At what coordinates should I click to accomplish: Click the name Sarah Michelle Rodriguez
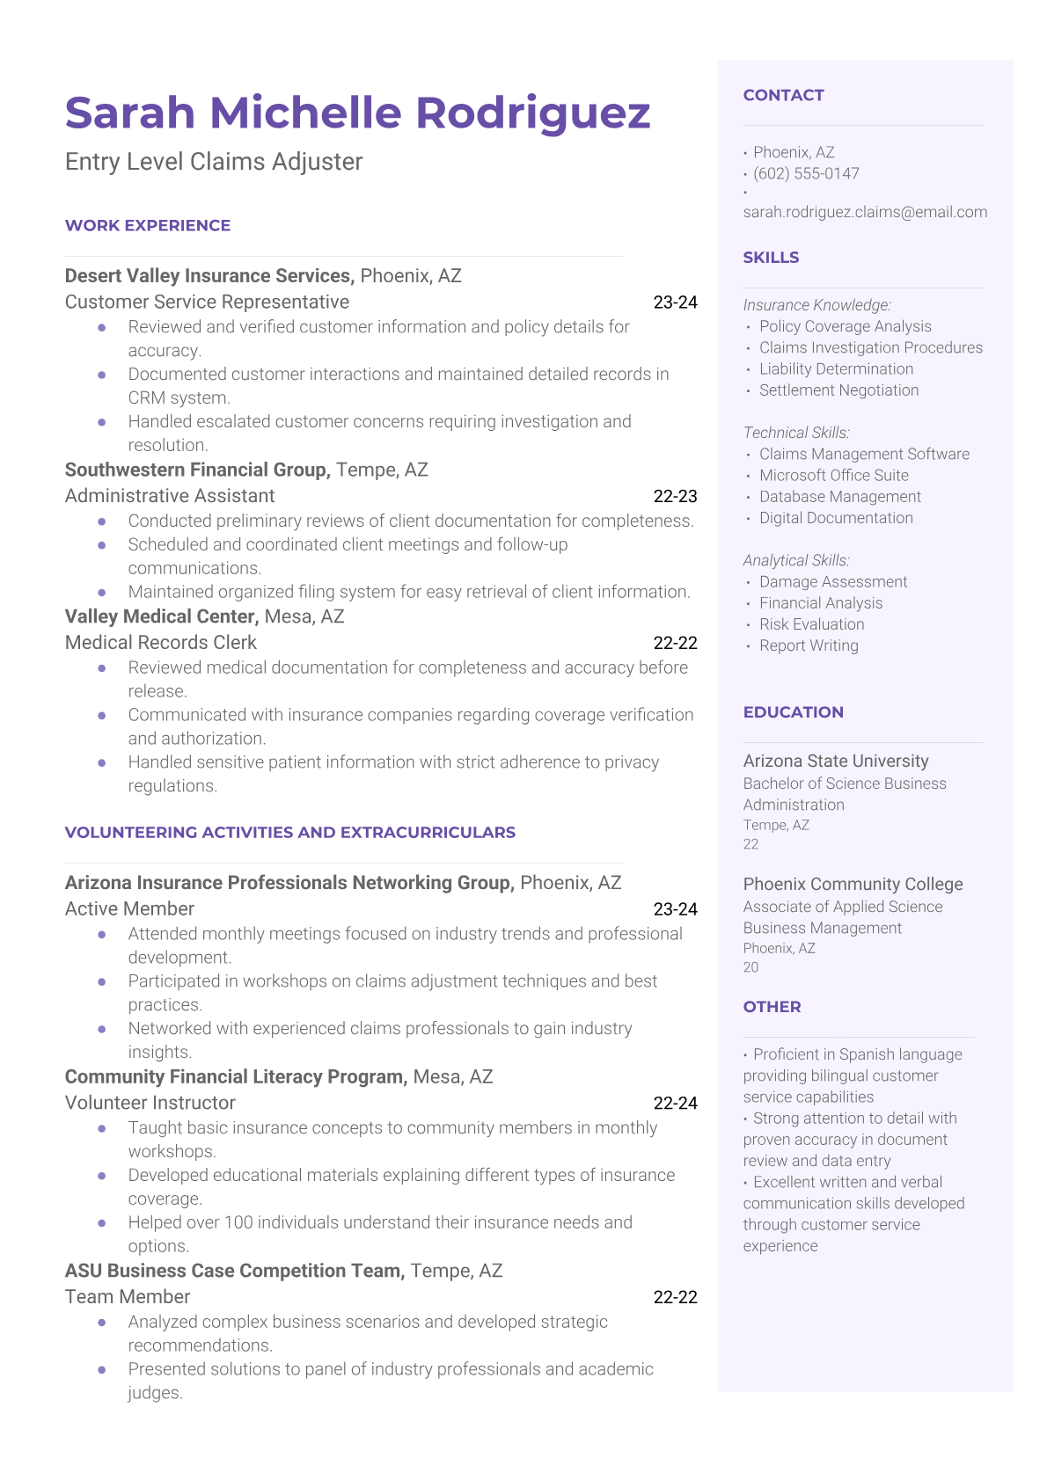click(357, 113)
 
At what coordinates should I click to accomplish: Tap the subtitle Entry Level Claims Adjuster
click(214, 162)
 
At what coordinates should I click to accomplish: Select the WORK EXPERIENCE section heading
click(148, 226)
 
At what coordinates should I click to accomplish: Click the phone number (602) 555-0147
click(806, 173)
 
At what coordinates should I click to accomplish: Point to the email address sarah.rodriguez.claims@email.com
click(865, 212)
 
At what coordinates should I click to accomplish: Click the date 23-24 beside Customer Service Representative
click(675, 303)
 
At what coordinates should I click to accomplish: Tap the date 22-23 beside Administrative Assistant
click(675, 496)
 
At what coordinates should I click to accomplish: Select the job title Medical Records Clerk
click(161, 643)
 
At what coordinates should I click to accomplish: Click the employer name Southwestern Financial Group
click(197, 470)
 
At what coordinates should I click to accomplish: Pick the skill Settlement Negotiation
click(838, 390)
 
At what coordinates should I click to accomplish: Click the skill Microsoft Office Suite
click(833, 476)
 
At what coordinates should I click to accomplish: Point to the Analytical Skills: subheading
click(796, 560)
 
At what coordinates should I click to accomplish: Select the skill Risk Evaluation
click(811, 624)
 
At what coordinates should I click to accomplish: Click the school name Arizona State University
click(836, 761)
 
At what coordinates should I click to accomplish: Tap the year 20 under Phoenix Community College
click(750, 967)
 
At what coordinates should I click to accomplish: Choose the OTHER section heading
click(772, 1007)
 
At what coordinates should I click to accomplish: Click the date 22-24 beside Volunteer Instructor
click(675, 1103)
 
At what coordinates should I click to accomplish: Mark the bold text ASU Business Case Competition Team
click(235, 1271)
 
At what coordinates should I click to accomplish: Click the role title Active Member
click(129, 909)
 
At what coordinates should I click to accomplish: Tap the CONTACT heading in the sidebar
click(783, 95)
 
